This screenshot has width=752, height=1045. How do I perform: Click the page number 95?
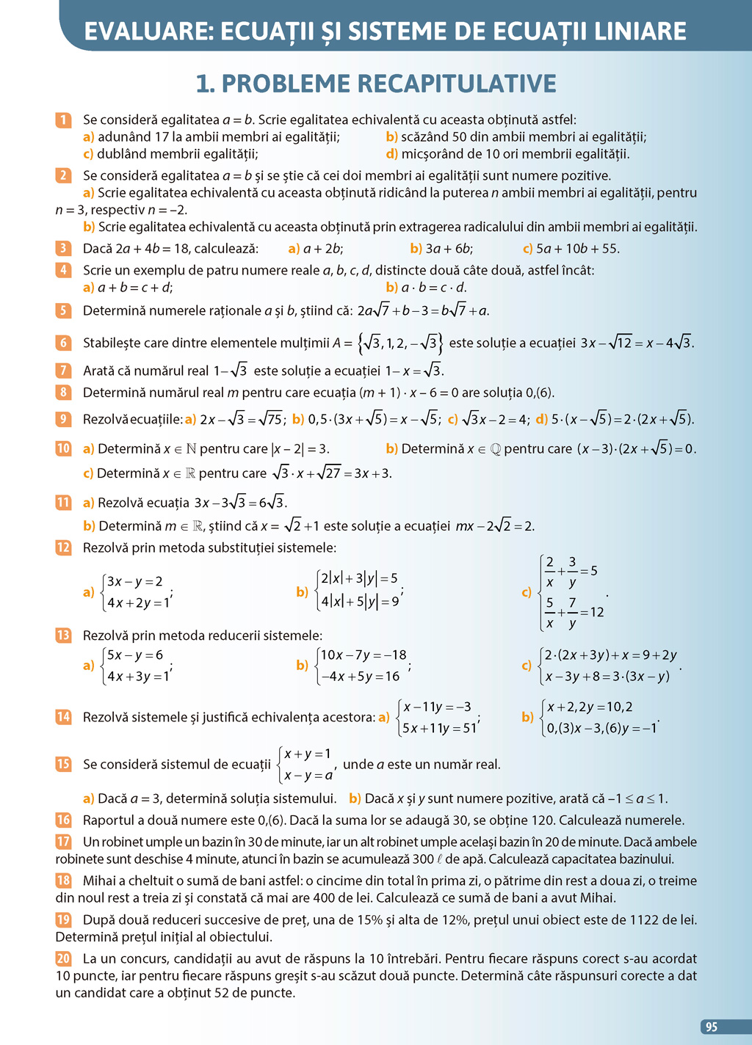pos(711,1027)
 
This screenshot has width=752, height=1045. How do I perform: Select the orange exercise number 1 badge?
pos(63,120)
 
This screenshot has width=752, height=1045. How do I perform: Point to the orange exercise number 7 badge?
pos(63,371)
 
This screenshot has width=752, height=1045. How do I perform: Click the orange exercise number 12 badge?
pos(63,547)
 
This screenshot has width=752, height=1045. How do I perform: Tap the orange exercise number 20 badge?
pos(63,958)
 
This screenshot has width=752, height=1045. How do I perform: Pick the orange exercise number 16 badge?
pos(63,820)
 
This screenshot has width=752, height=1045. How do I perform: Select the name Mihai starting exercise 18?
pos(99,881)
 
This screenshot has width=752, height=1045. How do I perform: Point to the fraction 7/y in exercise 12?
pos(572,613)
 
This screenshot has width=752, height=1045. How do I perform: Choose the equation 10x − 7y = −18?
pos(364,655)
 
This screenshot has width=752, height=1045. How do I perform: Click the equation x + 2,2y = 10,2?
pos(590,707)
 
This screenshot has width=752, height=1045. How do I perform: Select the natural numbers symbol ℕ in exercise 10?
pos(191,448)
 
